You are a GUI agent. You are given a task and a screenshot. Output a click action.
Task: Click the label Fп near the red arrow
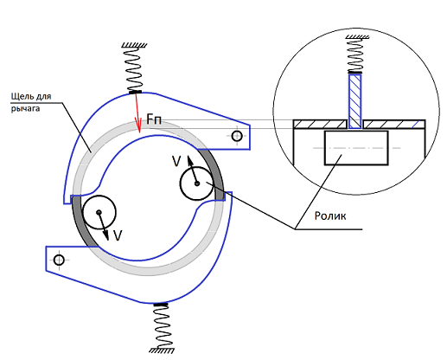154,119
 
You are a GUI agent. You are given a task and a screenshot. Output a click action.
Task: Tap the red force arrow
137,112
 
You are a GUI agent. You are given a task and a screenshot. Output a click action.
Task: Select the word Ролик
330,216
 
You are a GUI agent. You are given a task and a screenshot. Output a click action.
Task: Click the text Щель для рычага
31,102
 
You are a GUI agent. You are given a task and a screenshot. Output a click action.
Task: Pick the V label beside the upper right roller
176,162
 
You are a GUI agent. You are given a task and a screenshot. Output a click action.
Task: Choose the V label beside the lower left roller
118,235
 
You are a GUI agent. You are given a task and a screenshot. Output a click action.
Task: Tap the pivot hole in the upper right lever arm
237,136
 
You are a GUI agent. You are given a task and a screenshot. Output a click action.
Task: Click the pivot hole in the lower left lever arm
59,260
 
